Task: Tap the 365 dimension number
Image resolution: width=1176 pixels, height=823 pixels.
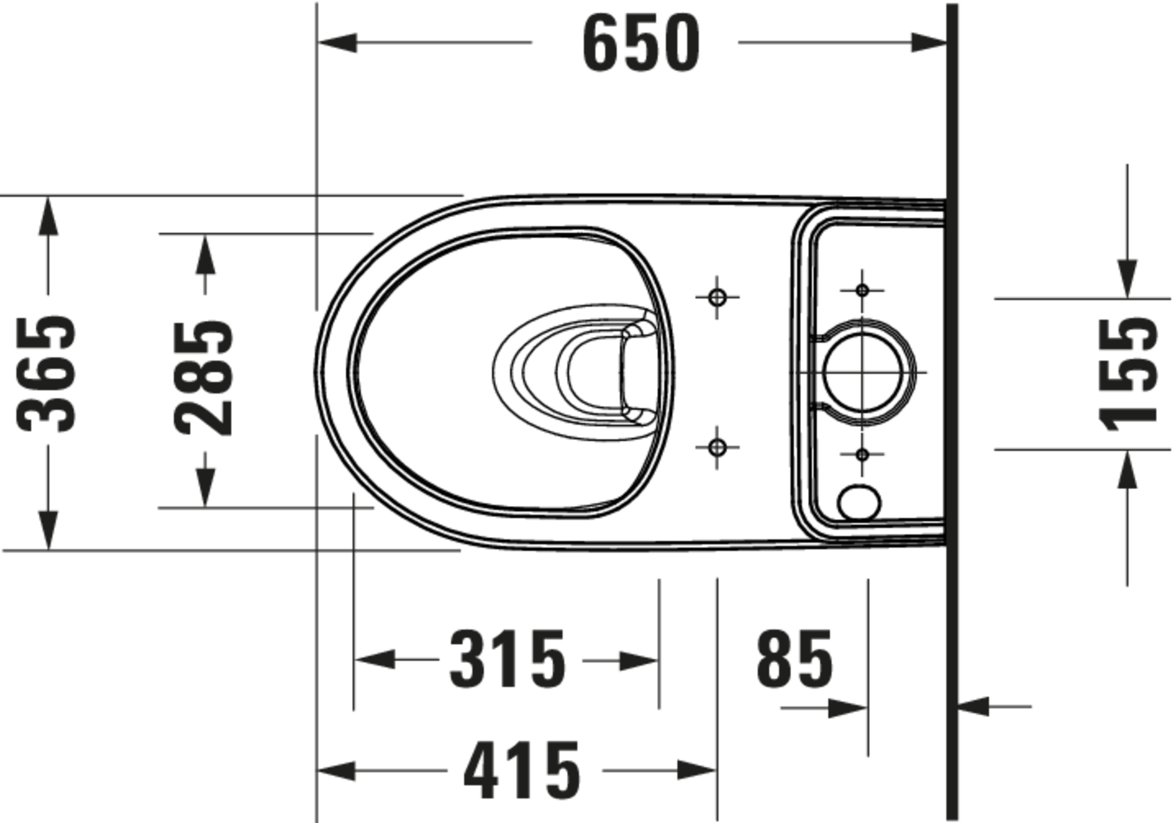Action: [x=47, y=374]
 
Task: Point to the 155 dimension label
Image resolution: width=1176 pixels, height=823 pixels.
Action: [x=1128, y=374]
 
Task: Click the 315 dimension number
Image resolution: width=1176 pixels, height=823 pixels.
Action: [x=508, y=659]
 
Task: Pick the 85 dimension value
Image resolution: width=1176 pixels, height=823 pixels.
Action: [x=795, y=659]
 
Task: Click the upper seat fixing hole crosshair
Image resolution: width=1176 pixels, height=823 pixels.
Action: [x=717, y=297]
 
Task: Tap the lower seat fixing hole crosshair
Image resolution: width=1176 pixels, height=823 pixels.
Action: [x=717, y=447]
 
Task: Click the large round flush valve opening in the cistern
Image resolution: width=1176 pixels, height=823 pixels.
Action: [x=862, y=372]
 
